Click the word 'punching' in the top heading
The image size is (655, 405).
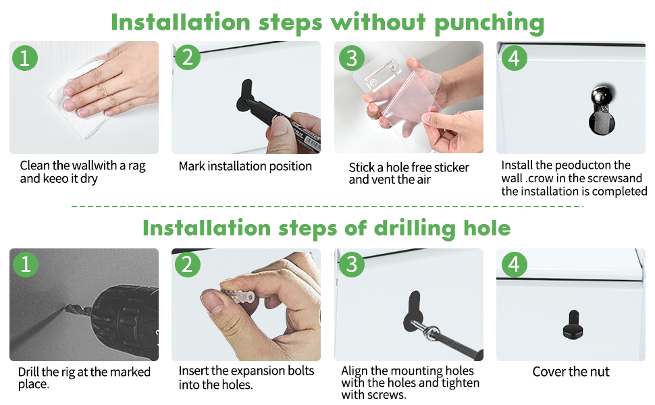pos(490,24)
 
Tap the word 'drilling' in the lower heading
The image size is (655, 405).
pos(414,228)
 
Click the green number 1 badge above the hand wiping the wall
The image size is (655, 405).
pos(25,57)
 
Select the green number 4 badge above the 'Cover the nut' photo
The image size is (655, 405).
pos(515,265)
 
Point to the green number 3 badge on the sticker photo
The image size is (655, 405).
pos(352,57)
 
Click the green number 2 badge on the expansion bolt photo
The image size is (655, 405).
pos(188,265)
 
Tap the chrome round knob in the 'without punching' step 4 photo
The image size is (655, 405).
pos(602,96)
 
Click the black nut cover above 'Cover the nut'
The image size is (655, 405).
pos(573,325)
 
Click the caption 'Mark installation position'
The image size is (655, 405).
pos(245,166)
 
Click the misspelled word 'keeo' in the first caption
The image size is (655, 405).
pos(57,179)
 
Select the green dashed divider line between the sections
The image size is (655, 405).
pos(327,207)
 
